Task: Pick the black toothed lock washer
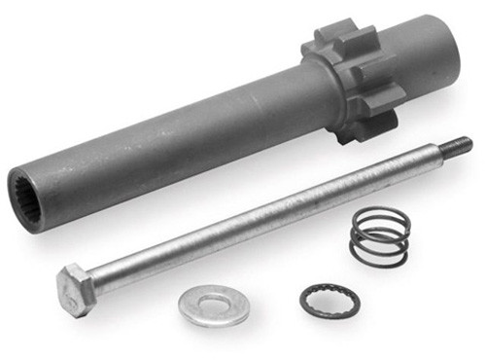click(x=330, y=301)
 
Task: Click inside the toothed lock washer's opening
click(x=330, y=301)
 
